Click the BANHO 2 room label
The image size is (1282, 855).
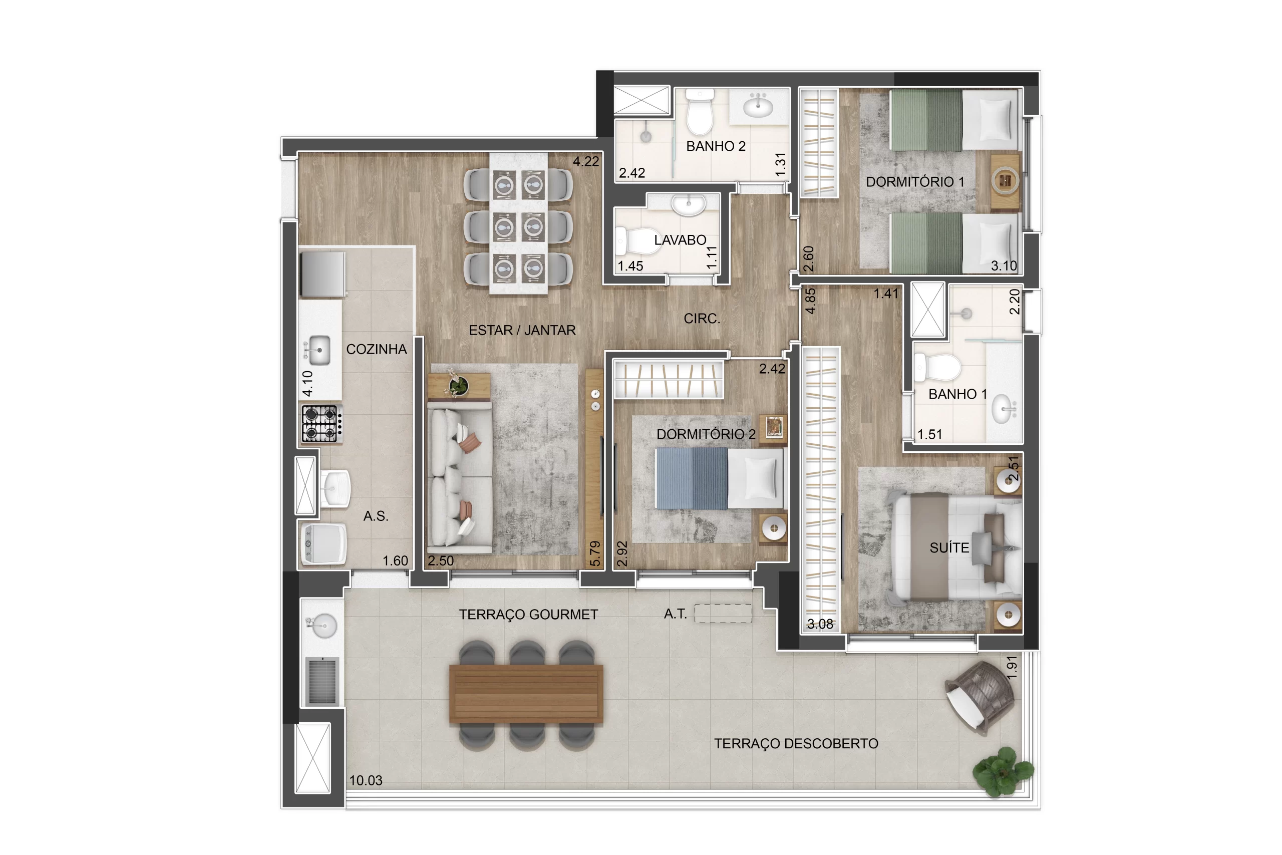pyautogui.click(x=715, y=146)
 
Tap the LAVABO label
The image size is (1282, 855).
pyautogui.click(x=680, y=240)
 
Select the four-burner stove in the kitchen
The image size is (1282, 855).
pyautogui.click(x=321, y=423)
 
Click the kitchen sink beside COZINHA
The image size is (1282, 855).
pyautogui.click(x=318, y=350)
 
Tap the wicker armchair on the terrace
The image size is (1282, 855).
pyautogui.click(x=980, y=697)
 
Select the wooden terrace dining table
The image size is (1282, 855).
pyautogui.click(x=526, y=694)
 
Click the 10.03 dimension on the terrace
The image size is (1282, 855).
pyautogui.click(x=366, y=780)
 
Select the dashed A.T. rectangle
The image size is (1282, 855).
pyautogui.click(x=723, y=614)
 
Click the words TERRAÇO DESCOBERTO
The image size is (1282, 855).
pyautogui.click(x=796, y=744)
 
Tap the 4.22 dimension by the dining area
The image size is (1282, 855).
pyautogui.click(x=585, y=161)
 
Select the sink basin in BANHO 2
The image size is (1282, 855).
pyautogui.click(x=758, y=105)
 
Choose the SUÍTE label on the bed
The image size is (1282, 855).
pyautogui.click(x=949, y=548)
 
